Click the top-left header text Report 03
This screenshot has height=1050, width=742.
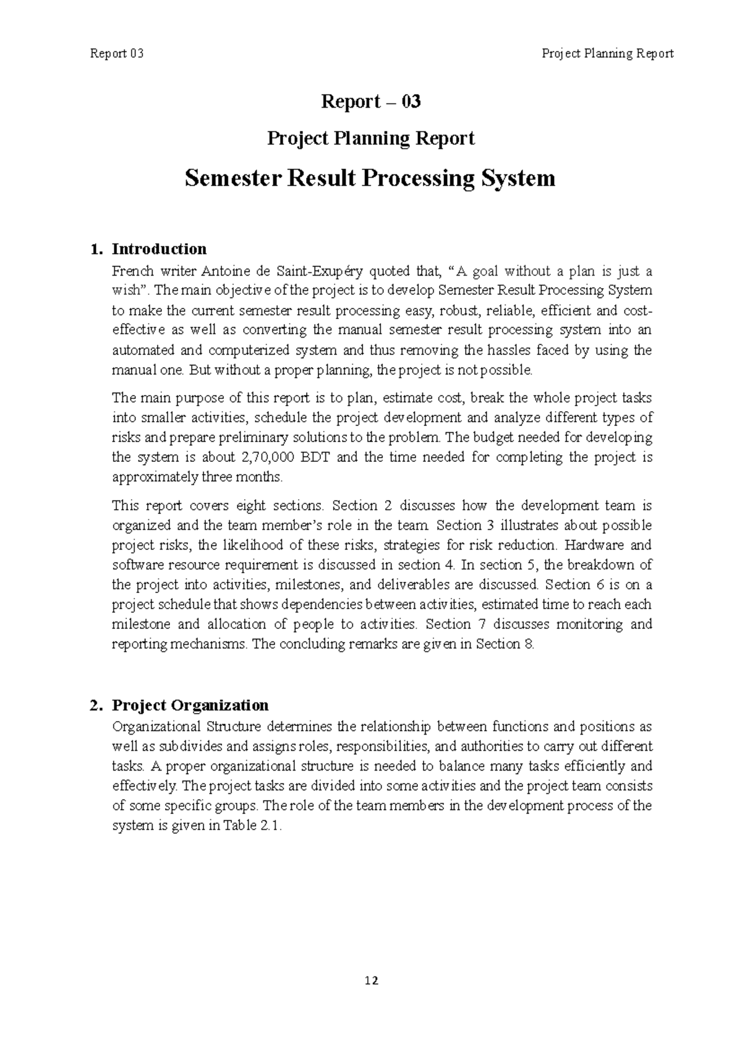[117, 54]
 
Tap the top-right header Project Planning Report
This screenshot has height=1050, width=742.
[607, 54]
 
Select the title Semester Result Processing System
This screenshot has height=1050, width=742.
[370, 179]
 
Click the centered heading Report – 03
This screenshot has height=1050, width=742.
[371, 101]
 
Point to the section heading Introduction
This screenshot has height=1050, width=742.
[159, 249]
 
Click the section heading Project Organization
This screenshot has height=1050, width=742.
[190, 706]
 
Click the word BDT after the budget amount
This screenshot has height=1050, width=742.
[317, 458]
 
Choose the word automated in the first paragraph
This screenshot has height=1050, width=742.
[143, 351]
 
